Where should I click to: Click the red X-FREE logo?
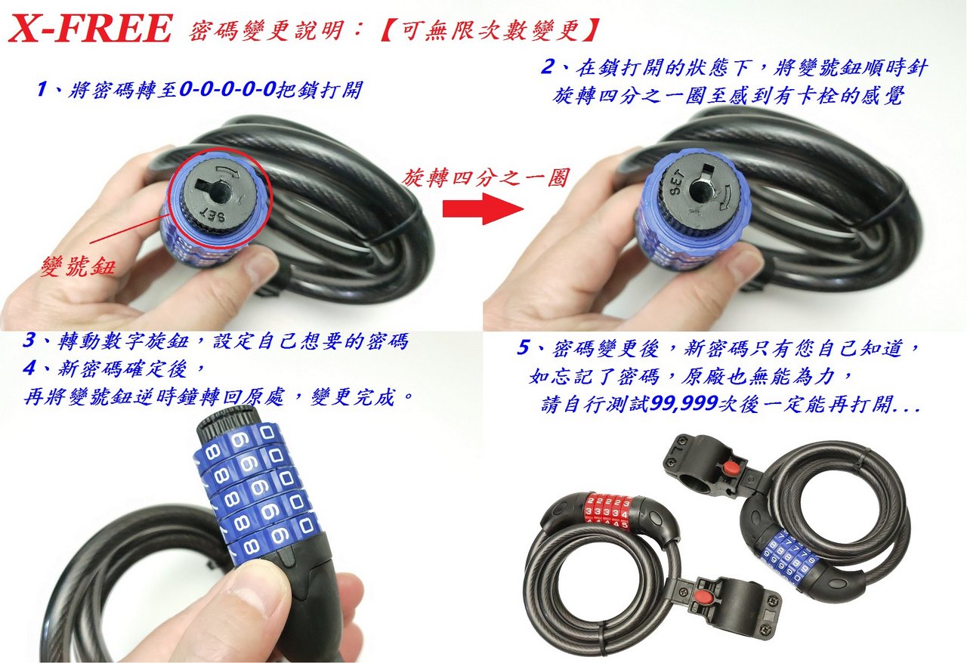click(x=91, y=29)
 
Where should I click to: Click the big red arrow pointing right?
click(x=483, y=209)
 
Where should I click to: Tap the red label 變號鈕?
click(x=78, y=265)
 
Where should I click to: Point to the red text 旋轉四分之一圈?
click(x=486, y=178)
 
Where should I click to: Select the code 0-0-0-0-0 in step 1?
click(x=227, y=89)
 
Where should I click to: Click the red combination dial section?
click(x=609, y=510)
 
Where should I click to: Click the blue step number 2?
click(x=548, y=67)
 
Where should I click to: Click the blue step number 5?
click(x=524, y=347)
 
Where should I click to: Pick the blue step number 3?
click(x=29, y=340)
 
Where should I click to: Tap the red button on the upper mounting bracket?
click(x=726, y=468)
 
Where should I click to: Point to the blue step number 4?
click(x=29, y=369)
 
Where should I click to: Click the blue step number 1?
click(x=42, y=89)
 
